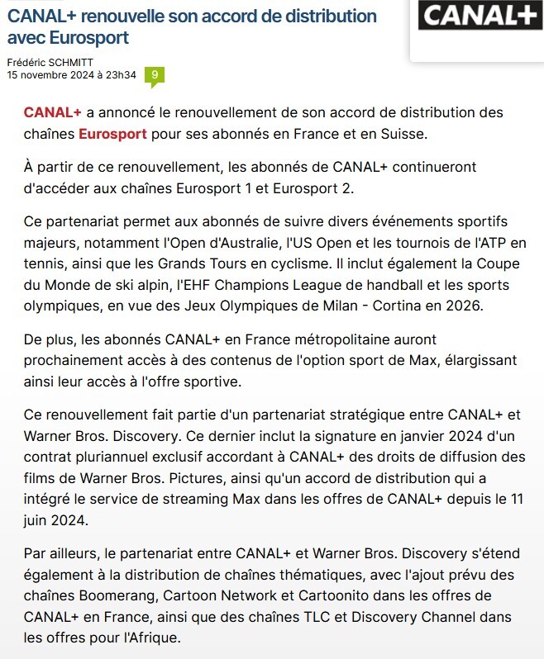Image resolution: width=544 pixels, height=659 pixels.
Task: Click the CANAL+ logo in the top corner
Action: [480, 16]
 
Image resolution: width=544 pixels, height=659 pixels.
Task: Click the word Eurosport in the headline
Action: [88, 38]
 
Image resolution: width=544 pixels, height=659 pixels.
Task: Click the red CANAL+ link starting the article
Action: [53, 112]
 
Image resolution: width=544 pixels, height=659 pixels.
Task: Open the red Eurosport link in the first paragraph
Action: [113, 134]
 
